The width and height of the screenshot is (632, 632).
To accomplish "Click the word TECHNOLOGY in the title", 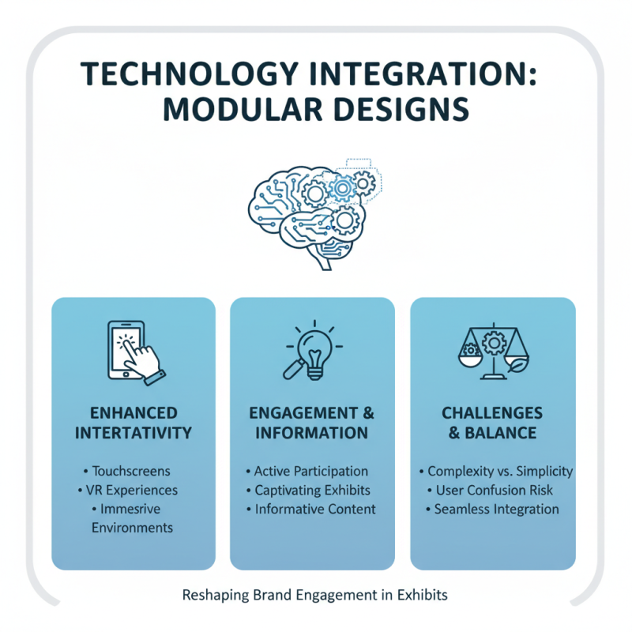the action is point(190,73).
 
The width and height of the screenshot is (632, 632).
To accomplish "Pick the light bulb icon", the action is point(314,350).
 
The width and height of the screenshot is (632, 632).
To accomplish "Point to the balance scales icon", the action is point(493,351).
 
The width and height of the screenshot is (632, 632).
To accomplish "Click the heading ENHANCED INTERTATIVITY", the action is point(134,423).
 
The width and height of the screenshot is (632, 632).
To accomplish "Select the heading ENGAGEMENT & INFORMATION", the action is point(311,423).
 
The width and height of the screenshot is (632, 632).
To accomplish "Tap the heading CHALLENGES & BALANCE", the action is point(492,423).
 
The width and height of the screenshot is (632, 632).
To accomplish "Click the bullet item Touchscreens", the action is point(127,471).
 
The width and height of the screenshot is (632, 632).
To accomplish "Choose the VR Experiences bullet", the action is point(128,490).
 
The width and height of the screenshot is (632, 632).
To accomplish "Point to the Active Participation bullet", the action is point(307,471).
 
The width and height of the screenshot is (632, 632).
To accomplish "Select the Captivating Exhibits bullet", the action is point(308,490).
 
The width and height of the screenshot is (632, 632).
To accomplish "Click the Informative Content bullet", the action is point(311,509).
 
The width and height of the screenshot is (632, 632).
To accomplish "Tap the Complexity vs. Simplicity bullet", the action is point(496,471).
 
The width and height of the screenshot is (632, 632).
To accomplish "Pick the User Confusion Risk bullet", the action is point(490,490).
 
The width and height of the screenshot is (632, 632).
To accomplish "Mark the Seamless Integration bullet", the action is point(492,509).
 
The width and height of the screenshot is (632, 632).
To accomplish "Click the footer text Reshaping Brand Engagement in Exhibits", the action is point(314,595).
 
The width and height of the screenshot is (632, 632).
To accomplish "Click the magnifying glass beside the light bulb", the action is point(294,369).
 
